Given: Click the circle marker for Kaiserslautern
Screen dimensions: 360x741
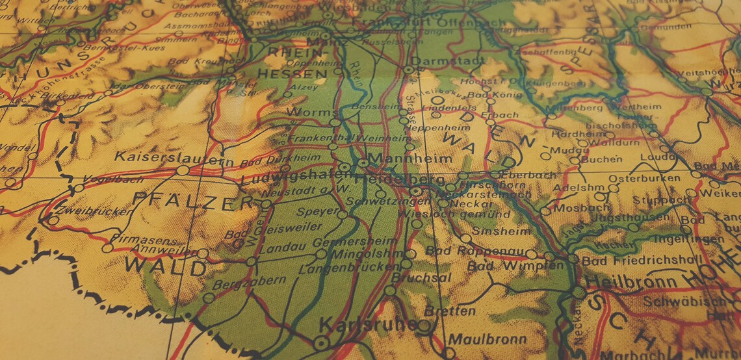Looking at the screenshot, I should [183, 170].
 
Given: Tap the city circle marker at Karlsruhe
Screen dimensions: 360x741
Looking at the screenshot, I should [319, 342].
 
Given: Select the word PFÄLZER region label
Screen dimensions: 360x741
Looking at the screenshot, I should [192, 202].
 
